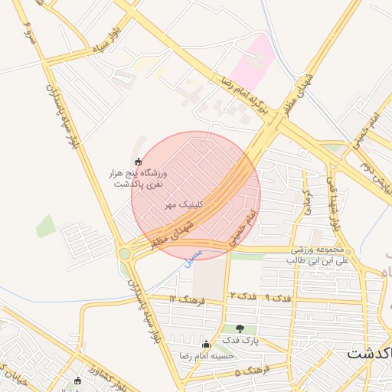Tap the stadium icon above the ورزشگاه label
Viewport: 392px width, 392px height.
[x=138, y=162]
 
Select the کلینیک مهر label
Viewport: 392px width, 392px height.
[x=181, y=205]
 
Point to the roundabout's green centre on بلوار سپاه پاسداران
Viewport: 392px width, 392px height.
[x=124, y=253]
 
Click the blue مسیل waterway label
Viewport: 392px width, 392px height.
[x=194, y=256]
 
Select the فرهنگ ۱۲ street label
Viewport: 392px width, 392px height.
[x=188, y=299]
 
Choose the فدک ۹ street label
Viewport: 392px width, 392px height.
[x=278, y=296]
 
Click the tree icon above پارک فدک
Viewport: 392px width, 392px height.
[x=240, y=328]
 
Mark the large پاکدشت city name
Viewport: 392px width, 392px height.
[x=368, y=353]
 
